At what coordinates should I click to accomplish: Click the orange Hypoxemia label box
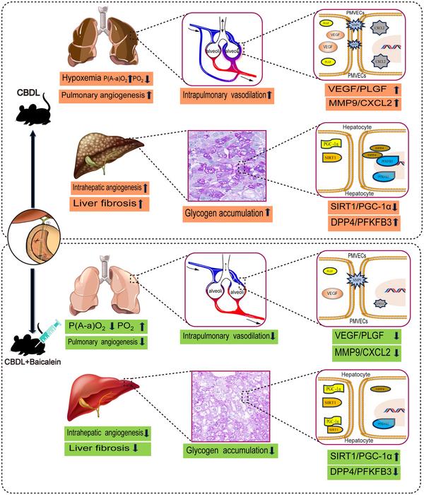pyautogui.click(x=106, y=78)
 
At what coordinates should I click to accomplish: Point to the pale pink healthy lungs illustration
pyautogui.click(x=106, y=286)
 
